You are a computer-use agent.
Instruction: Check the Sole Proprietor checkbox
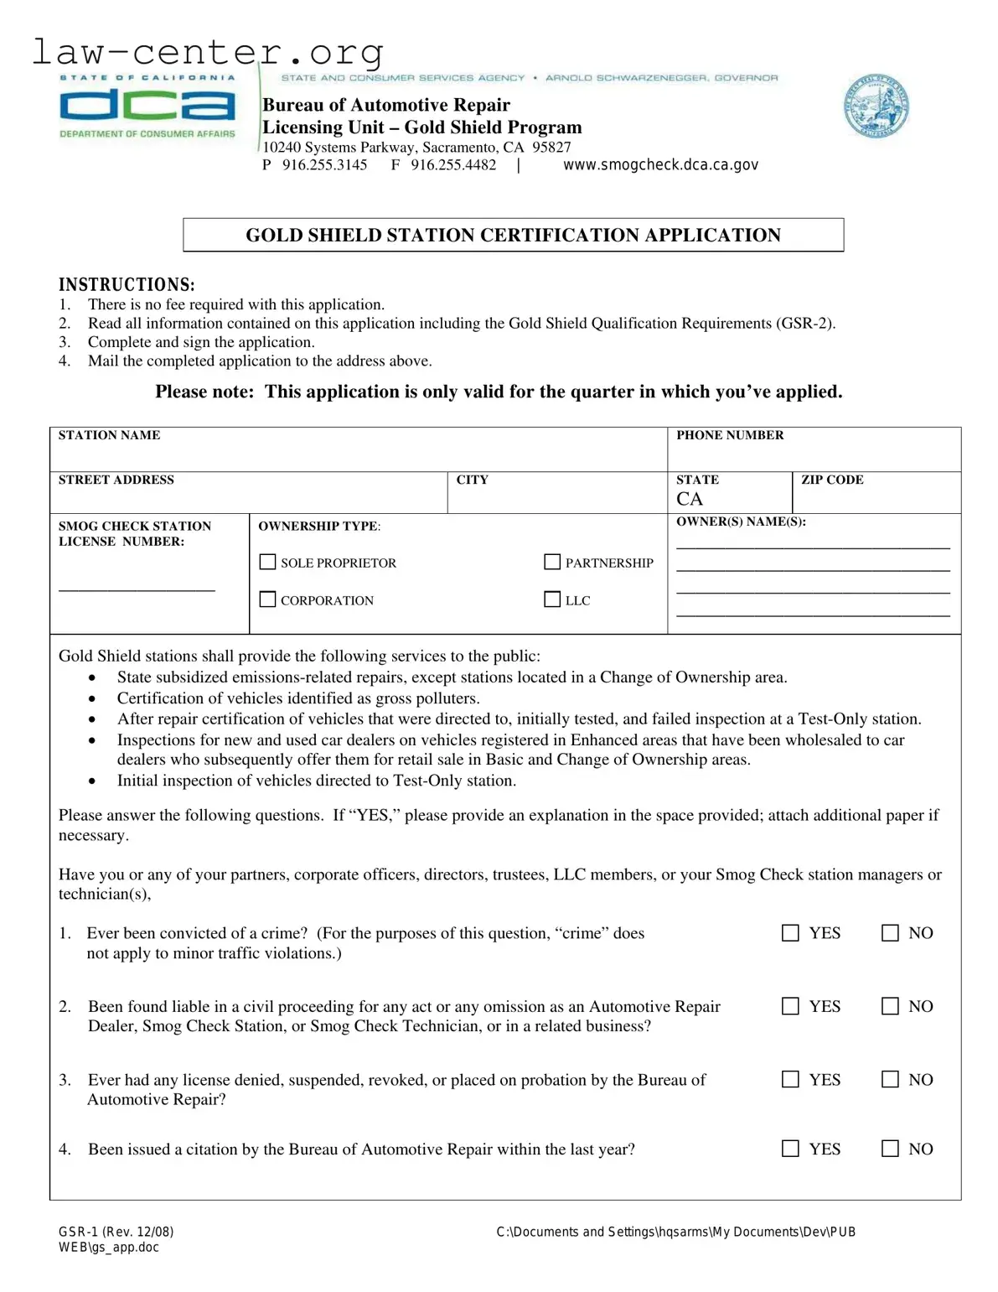point(267,562)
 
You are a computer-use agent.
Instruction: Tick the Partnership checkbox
point(552,562)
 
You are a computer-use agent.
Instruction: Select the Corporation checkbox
point(267,599)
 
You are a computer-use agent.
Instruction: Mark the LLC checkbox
point(552,599)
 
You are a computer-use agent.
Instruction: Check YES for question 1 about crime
point(790,933)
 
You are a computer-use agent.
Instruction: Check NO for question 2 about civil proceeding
point(890,1006)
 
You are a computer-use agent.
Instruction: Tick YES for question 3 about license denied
point(790,1080)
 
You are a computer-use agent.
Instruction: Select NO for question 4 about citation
point(890,1149)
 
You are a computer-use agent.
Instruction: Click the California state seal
point(876,106)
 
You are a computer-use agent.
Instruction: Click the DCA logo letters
point(147,106)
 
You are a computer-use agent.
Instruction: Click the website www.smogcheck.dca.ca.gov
point(660,165)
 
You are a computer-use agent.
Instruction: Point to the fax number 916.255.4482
point(453,165)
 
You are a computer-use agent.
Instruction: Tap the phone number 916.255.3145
point(324,165)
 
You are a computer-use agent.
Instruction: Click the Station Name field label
point(109,435)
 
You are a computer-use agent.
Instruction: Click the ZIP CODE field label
point(832,480)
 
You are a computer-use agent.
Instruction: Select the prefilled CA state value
point(690,500)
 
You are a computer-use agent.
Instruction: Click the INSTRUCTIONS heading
point(127,285)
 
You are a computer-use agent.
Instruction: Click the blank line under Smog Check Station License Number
point(137,589)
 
